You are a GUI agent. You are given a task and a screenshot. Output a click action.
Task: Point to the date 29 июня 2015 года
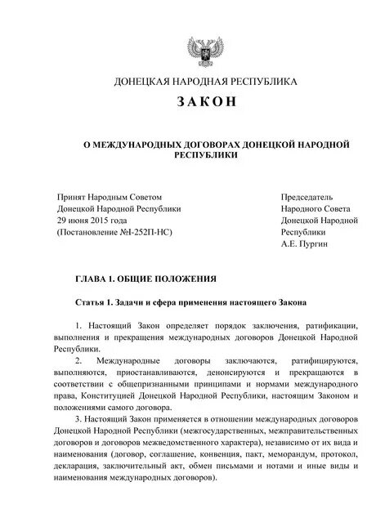click(x=92, y=220)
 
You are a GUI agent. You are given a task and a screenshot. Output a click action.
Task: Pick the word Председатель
click(x=307, y=197)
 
